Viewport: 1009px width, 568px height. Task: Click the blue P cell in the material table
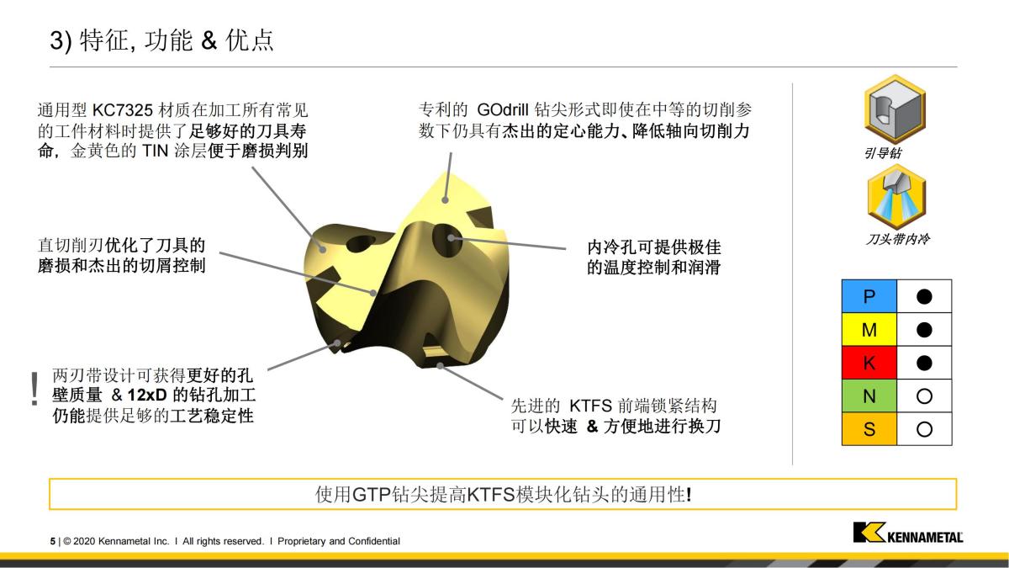pos(869,296)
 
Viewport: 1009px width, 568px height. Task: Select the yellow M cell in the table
pos(869,329)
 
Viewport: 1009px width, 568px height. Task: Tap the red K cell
pos(869,363)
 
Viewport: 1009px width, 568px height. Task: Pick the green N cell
pos(869,395)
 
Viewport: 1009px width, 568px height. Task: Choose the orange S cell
pos(869,429)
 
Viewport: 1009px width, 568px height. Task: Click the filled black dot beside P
pos(924,296)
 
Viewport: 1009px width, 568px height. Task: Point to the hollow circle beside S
pos(924,429)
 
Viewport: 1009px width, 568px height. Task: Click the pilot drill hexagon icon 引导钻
pos(895,109)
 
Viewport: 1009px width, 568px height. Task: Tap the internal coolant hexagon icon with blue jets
pos(895,196)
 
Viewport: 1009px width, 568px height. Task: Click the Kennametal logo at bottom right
pos(907,533)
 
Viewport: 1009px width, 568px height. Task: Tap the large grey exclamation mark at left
pos(34,389)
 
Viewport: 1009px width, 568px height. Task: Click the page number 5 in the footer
pos(52,541)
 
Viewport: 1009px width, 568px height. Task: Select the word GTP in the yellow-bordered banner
pos(371,494)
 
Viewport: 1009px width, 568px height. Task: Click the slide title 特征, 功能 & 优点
pos(177,40)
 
